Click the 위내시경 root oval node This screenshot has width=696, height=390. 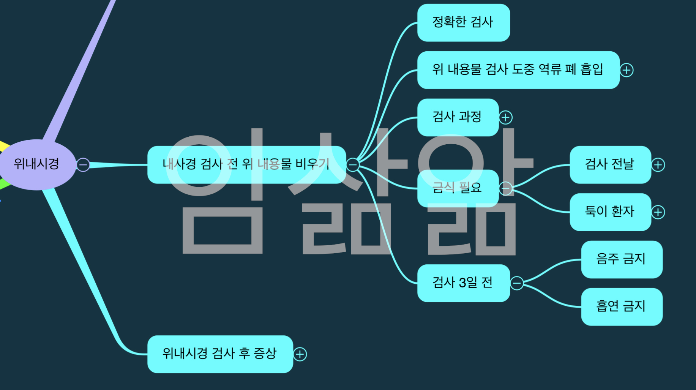(x=37, y=164)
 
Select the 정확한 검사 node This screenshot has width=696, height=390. (x=463, y=22)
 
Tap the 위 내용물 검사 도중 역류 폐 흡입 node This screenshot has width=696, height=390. (x=518, y=70)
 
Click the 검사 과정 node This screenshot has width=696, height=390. (x=458, y=117)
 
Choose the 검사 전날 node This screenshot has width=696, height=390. (x=610, y=164)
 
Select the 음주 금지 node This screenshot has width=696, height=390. (x=621, y=259)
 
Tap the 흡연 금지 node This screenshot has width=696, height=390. (x=621, y=306)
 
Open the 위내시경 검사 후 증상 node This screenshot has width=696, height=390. (x=220, y=354)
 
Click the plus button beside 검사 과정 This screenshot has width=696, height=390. (x=505, y=118)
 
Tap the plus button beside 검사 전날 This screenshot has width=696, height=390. (x=658, y=165)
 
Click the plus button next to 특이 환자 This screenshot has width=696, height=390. (x=658, y=212)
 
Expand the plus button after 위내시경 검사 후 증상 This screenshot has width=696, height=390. (x=300, y=354)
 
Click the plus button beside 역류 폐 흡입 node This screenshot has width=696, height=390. (x=627, y=70)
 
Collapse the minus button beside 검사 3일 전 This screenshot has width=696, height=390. (x=517, y=283)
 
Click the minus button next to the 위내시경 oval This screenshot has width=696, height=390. (x=83, y=165)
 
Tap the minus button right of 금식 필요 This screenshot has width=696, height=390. (x=505, y=188)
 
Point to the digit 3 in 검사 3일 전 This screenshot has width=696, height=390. (x=462, y=283)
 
